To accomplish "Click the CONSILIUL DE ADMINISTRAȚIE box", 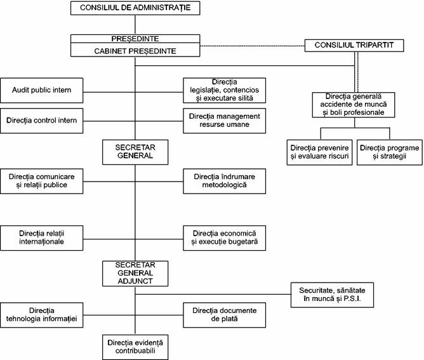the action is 135,8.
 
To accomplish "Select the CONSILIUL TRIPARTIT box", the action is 354,46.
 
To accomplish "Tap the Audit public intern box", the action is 42,90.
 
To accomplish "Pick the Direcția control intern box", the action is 42,121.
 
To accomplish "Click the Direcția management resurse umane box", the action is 225,121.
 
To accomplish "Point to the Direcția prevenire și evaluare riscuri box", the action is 320,152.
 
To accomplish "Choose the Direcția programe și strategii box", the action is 390,152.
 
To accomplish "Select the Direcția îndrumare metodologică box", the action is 225,181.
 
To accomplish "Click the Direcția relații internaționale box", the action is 42,238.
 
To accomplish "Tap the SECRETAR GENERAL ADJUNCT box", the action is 135,274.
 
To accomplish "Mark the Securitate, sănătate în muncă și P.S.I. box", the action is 333,295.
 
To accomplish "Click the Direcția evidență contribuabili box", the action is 135,347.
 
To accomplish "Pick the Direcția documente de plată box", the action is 225,315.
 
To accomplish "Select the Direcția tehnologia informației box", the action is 42,315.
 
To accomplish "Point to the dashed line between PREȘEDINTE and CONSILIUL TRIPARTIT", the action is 252,46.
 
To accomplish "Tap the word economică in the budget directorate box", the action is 239,234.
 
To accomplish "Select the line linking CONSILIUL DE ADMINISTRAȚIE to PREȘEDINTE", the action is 135,25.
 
